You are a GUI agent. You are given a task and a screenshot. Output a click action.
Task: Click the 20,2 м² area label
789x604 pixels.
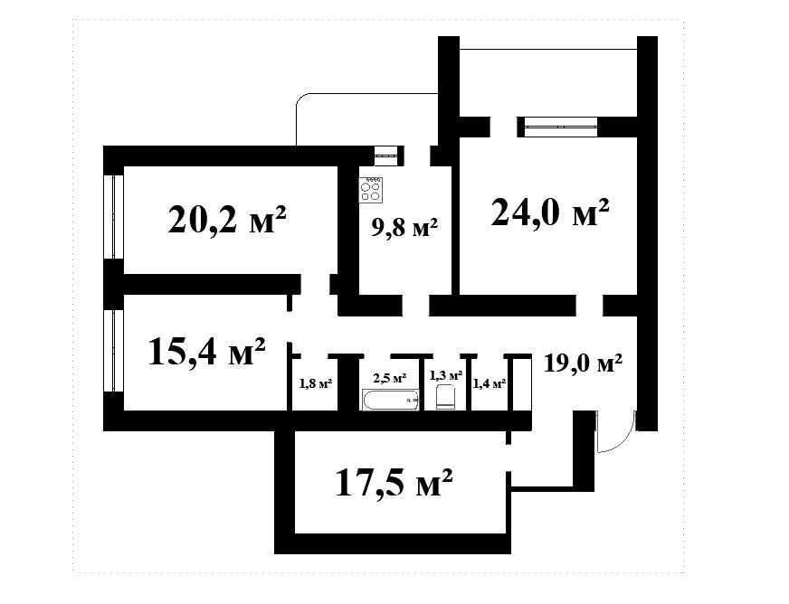[x=227, y=220]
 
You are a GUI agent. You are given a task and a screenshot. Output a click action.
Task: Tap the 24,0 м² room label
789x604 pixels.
[x=550, y=212]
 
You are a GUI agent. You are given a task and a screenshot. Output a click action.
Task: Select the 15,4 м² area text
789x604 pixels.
[x=207, y=351]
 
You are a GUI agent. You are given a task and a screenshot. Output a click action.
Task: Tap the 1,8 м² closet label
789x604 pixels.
[x=316, y=383]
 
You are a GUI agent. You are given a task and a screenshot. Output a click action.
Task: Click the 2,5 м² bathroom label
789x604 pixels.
[x=389, y=378]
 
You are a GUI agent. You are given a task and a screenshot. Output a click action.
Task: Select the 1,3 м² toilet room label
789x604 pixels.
[x=446, y=375]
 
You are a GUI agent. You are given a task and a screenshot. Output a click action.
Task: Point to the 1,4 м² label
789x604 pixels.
[x=490, y=383]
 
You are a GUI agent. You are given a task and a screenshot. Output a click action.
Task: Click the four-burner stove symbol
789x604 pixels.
[x=370, y=190]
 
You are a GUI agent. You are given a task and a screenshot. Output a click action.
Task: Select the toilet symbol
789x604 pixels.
[x=446, y=397]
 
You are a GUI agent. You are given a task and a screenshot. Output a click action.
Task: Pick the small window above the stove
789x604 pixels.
[x=386, y=156]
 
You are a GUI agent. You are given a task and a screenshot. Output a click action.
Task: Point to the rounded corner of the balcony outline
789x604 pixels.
[x=302, y=99]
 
